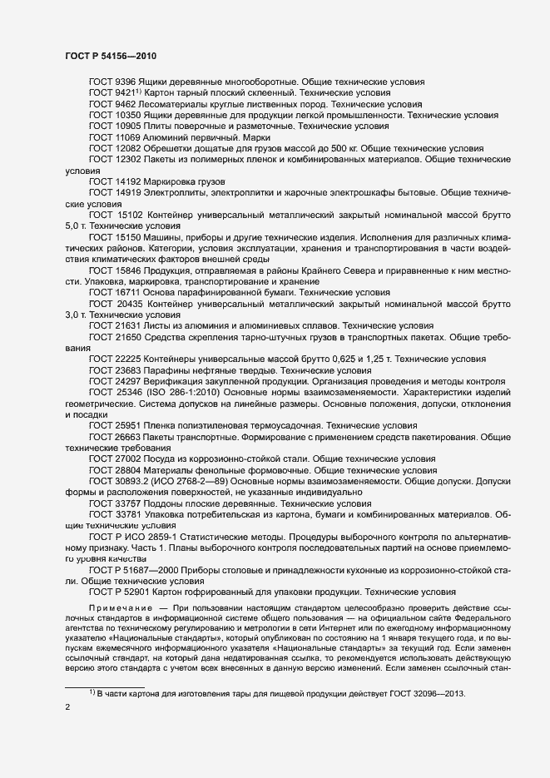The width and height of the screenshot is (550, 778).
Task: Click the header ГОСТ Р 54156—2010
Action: [x=111, y=56]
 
